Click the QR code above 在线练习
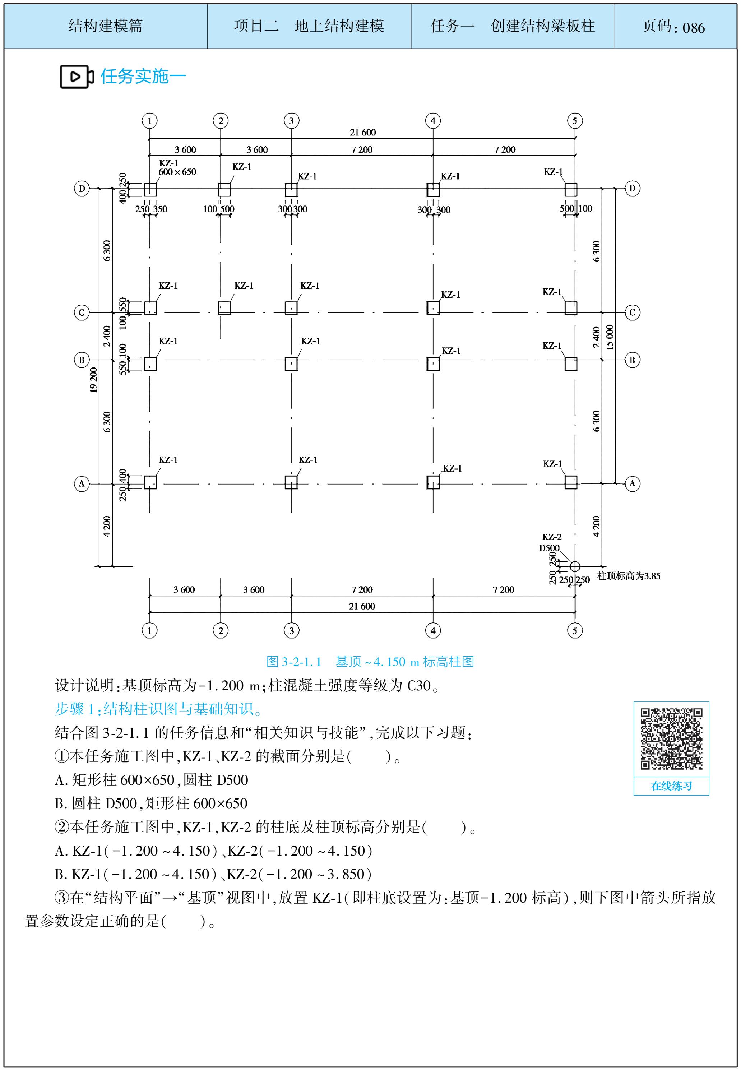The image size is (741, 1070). pos(671,738)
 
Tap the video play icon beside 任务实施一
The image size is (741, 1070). pos(77,77)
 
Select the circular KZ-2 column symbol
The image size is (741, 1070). pos(575,566)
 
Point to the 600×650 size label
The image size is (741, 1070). pos(177,172)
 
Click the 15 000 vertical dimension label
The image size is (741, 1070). pos(610,337)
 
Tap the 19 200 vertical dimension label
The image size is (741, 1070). pos(94,380)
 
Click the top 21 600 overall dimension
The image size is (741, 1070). pos(363,132)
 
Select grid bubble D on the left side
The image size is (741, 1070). pos(82,189)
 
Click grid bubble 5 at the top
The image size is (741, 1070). pos(575,121)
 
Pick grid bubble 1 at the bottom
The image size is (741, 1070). pos(149,630)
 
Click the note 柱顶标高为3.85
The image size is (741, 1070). pos(629,576)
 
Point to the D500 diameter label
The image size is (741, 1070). pos(549,548)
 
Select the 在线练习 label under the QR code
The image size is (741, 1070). pos(671,786)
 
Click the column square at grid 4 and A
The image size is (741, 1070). pos(433,482)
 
